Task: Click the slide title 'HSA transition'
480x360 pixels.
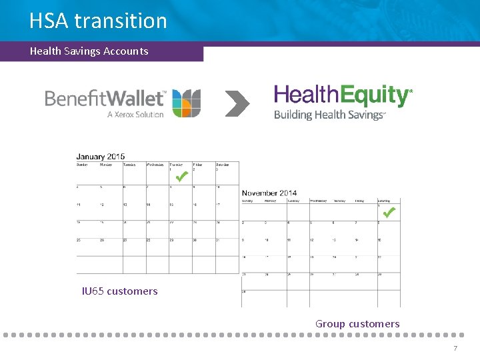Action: [x=98, y=21]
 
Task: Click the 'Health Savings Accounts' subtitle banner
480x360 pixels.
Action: [x=89, y=51]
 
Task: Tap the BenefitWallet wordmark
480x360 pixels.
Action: [x=105, y=99]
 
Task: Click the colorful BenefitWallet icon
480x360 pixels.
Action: [x=186, y=103]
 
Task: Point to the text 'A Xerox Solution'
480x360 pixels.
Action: [x=135, y=114]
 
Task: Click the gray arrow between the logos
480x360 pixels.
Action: [x=237, y=103]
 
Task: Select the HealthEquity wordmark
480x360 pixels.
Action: [x=342, y=95]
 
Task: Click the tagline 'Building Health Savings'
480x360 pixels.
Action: [x=329, y=115]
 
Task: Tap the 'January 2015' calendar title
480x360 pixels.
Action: [x=100, y=157]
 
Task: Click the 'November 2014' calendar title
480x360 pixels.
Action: [x=269, y=193]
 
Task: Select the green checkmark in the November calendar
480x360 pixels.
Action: [x=389, y=213]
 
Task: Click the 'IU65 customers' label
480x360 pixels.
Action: [x=119, y=291]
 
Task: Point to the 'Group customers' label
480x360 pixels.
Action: [x=357, y=324]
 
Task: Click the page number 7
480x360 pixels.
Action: [x=455, y=349]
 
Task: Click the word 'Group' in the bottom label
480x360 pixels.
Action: [x=330, y=324]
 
